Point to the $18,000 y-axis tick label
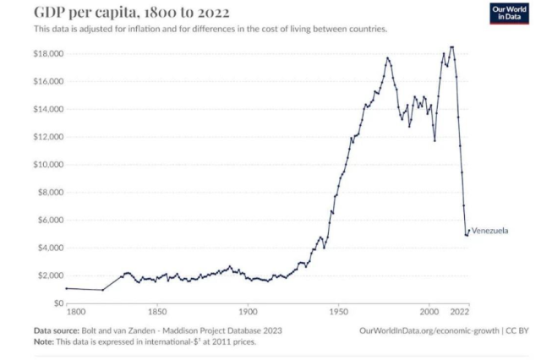47,53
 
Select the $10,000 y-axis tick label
47,164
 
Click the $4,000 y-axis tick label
49,247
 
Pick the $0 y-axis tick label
58,303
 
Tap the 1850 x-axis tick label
156,312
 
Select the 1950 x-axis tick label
338,312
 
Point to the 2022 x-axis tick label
461,312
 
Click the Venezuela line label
489,231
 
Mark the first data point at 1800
66,288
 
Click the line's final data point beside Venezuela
467,231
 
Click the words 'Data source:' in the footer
57,330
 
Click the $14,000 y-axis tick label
47,109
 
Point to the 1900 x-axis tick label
247,312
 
